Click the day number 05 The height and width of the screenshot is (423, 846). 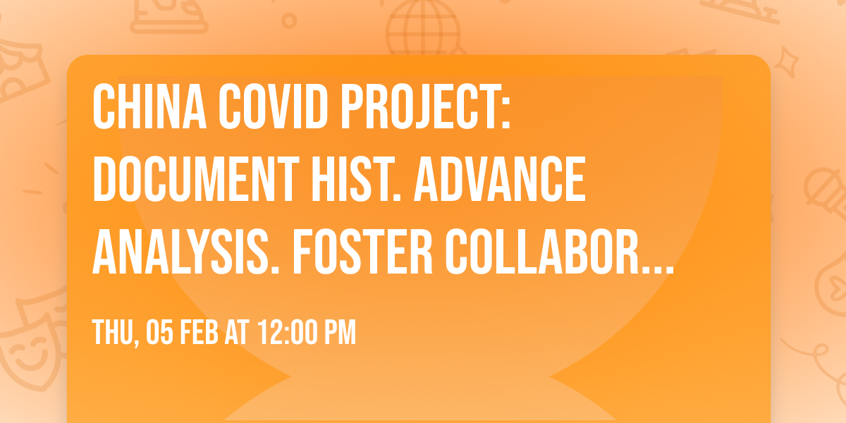pos(159,333)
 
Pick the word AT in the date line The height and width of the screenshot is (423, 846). pos(236,333)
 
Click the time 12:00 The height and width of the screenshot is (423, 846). pos(288,333)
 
